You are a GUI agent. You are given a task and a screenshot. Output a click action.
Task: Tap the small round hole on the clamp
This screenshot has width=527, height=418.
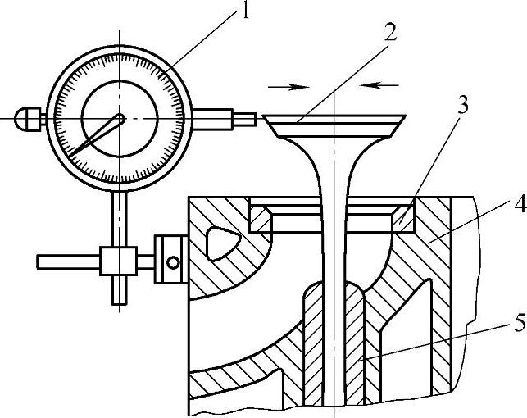click(172, 262)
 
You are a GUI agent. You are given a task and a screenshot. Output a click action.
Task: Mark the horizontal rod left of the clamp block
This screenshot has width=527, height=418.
click(70, 262)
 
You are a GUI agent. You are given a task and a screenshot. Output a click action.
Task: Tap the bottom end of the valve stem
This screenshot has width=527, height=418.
click(336, 402)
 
